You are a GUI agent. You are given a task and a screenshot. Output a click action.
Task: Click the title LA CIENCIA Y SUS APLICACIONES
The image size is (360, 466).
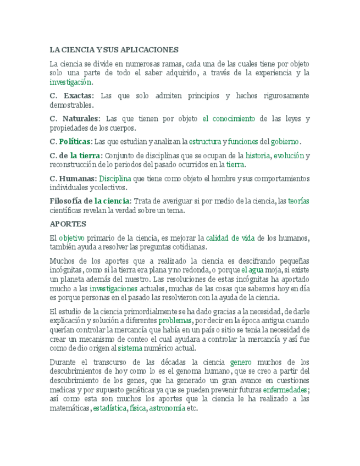[x=114, y=49]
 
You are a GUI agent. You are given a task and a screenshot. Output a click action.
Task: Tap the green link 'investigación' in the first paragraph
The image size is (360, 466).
[x=70, y=82]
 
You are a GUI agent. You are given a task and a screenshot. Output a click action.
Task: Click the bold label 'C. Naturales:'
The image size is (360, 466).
[x=75, y=119]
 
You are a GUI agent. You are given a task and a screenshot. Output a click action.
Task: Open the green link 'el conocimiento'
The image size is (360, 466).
[x=229, y=119]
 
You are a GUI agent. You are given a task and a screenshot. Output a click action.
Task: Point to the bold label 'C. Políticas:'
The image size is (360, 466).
[x=71, y=142]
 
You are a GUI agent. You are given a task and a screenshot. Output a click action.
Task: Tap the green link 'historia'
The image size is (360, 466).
[x=258, y=156]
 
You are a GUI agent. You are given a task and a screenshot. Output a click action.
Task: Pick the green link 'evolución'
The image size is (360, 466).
[x=289, y=156]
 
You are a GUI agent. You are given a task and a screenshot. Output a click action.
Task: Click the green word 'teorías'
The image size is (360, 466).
[x=298, y=201]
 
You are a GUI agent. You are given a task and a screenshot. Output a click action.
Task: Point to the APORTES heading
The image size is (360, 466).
[x=68, y=224]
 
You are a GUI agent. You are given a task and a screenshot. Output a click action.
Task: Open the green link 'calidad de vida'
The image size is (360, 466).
[x=230, y=238]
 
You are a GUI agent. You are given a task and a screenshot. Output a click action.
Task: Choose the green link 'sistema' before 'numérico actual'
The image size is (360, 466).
[x=130, y=348]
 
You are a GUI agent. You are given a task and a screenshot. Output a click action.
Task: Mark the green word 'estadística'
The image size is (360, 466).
[x=109, y=409]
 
